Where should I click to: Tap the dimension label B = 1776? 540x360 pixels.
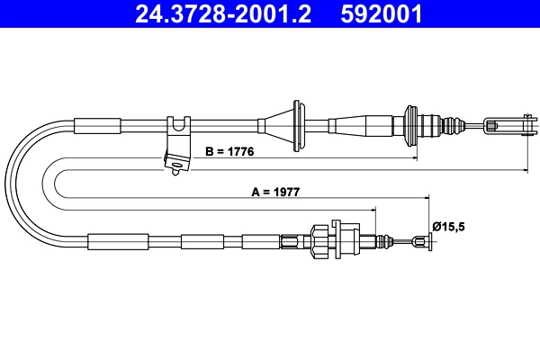tap(230, 152)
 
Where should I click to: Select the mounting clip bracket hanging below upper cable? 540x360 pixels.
tap(178, 146)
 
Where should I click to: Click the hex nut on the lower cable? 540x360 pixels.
tap(320, 240)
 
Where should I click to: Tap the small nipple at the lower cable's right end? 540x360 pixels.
tap(418, 240)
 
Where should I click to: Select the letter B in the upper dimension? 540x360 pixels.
tap(208, 152)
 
